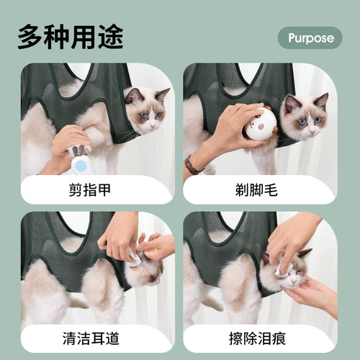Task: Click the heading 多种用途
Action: tap(71, 36)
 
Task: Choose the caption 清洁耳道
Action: tap(96, 338)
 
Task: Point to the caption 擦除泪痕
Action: tap(260, 338)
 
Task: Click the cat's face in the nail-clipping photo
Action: tap(147, 112)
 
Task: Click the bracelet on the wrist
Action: tap(193, 165)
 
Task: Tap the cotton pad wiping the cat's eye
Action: tap(282, 269)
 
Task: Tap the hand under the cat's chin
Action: tap(317, 295)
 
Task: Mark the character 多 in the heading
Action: tap(31, 36)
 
